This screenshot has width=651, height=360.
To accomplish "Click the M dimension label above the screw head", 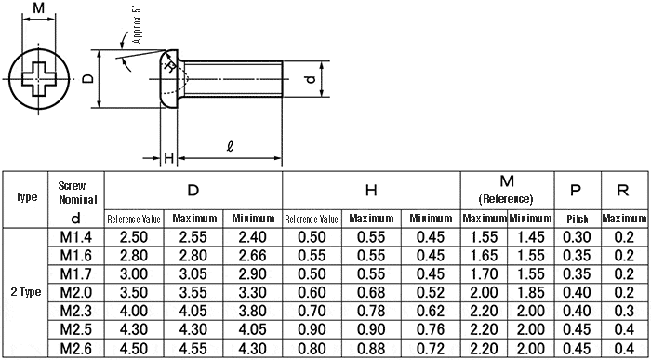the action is [x=39, y=7].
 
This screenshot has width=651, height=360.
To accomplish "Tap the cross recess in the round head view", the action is [x=38, y=79].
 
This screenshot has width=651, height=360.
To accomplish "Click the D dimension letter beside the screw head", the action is [x=87, y=79].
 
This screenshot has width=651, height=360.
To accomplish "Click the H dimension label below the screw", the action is [x=168, y=158].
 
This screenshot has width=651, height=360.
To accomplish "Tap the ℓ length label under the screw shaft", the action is [x=230, y=147].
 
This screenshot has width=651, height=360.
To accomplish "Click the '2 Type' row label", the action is [x=26, y=292].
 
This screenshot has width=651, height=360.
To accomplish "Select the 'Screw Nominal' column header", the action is [x=77, y=193].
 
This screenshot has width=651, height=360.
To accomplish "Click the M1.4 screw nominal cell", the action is [x=76, y=237].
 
